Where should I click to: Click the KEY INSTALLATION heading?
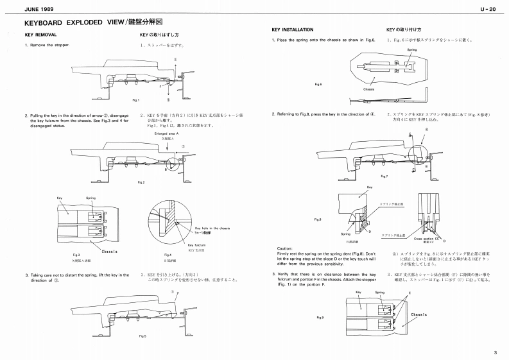(293, 30)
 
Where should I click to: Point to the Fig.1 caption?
(135, 99)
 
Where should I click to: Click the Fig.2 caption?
(142, 182)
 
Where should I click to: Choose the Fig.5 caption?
(142, 336)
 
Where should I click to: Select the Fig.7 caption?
(384, 176)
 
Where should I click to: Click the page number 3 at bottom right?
(496, 352)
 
